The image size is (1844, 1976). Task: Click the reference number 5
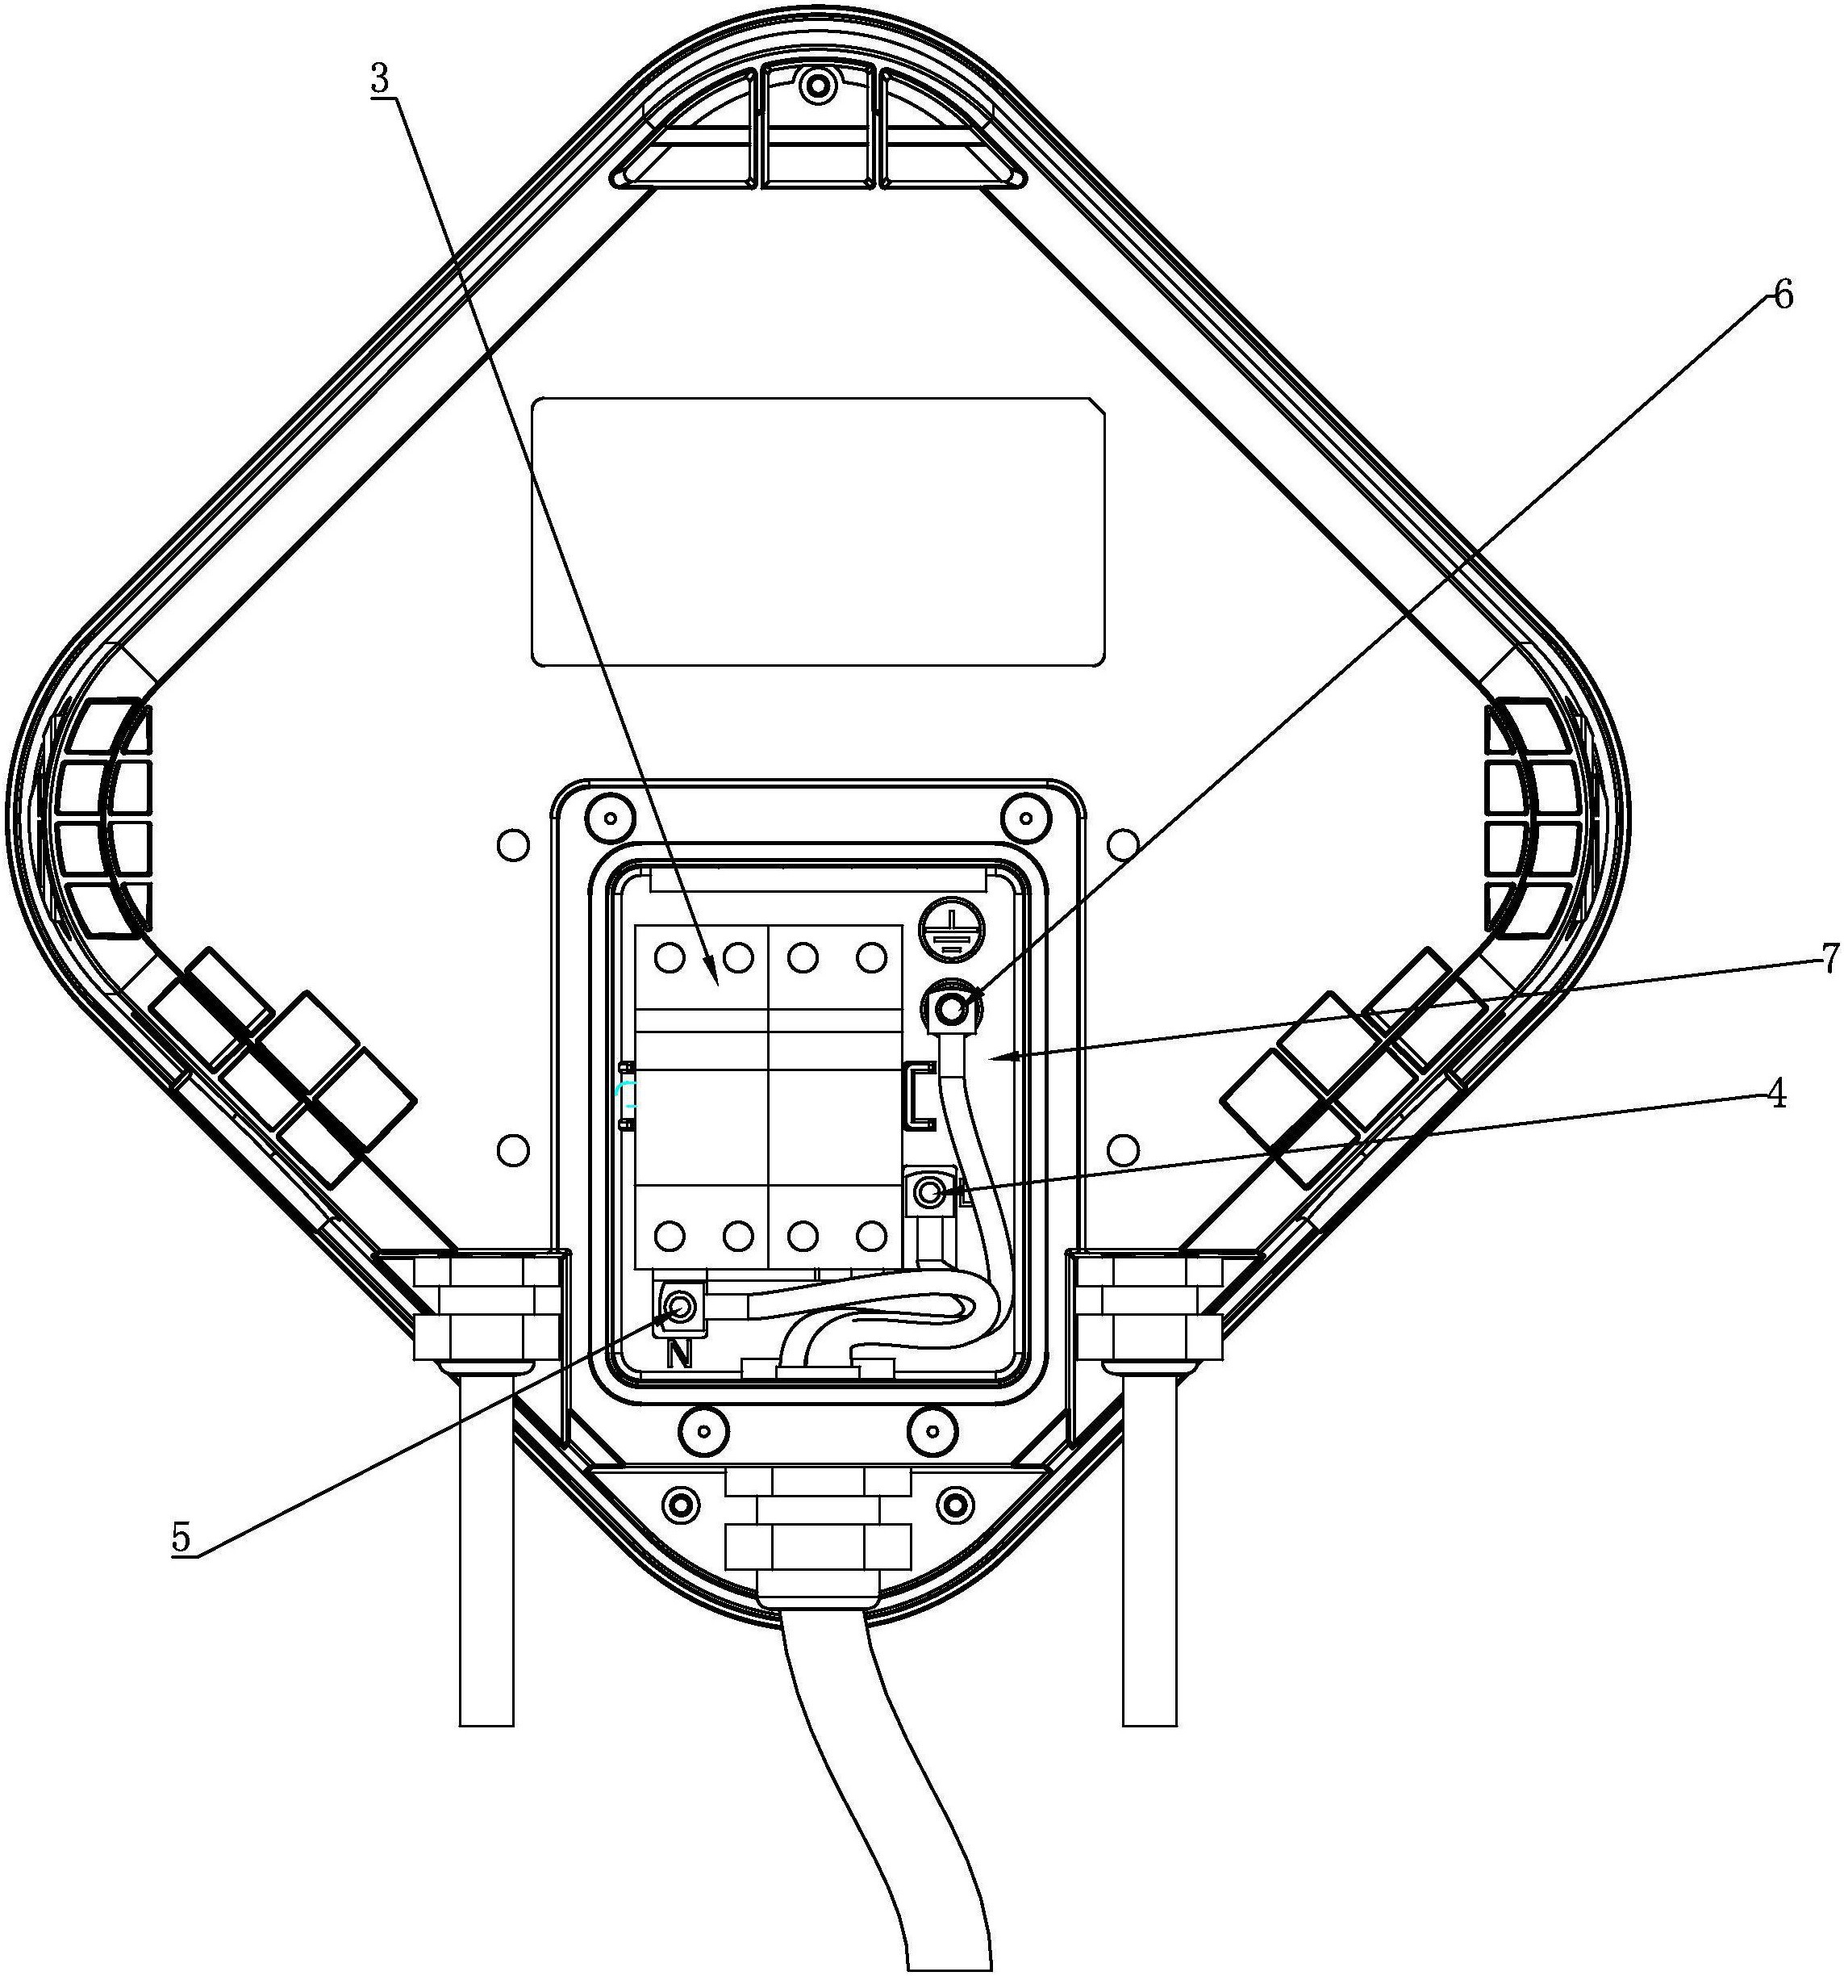[181, 1537]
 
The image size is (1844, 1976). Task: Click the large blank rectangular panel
[819, 532]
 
